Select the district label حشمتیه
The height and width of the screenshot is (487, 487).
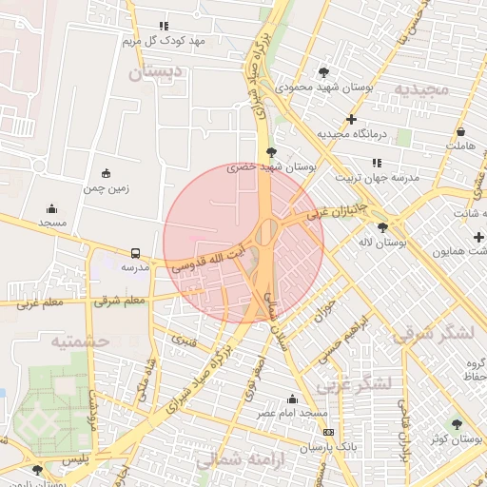pos(80,341)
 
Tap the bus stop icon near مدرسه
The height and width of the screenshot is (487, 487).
pos(135,254)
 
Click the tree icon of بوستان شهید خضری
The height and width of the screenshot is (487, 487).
pos(272,152)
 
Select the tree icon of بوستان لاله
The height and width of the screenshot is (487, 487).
pos(382,227)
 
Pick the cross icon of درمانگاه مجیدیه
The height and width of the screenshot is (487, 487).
pos(352,120)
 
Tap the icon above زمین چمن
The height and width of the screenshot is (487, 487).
pos(106,174)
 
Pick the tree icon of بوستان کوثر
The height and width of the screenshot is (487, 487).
pos(457,423)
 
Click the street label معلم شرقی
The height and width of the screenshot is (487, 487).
pos(119,301)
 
